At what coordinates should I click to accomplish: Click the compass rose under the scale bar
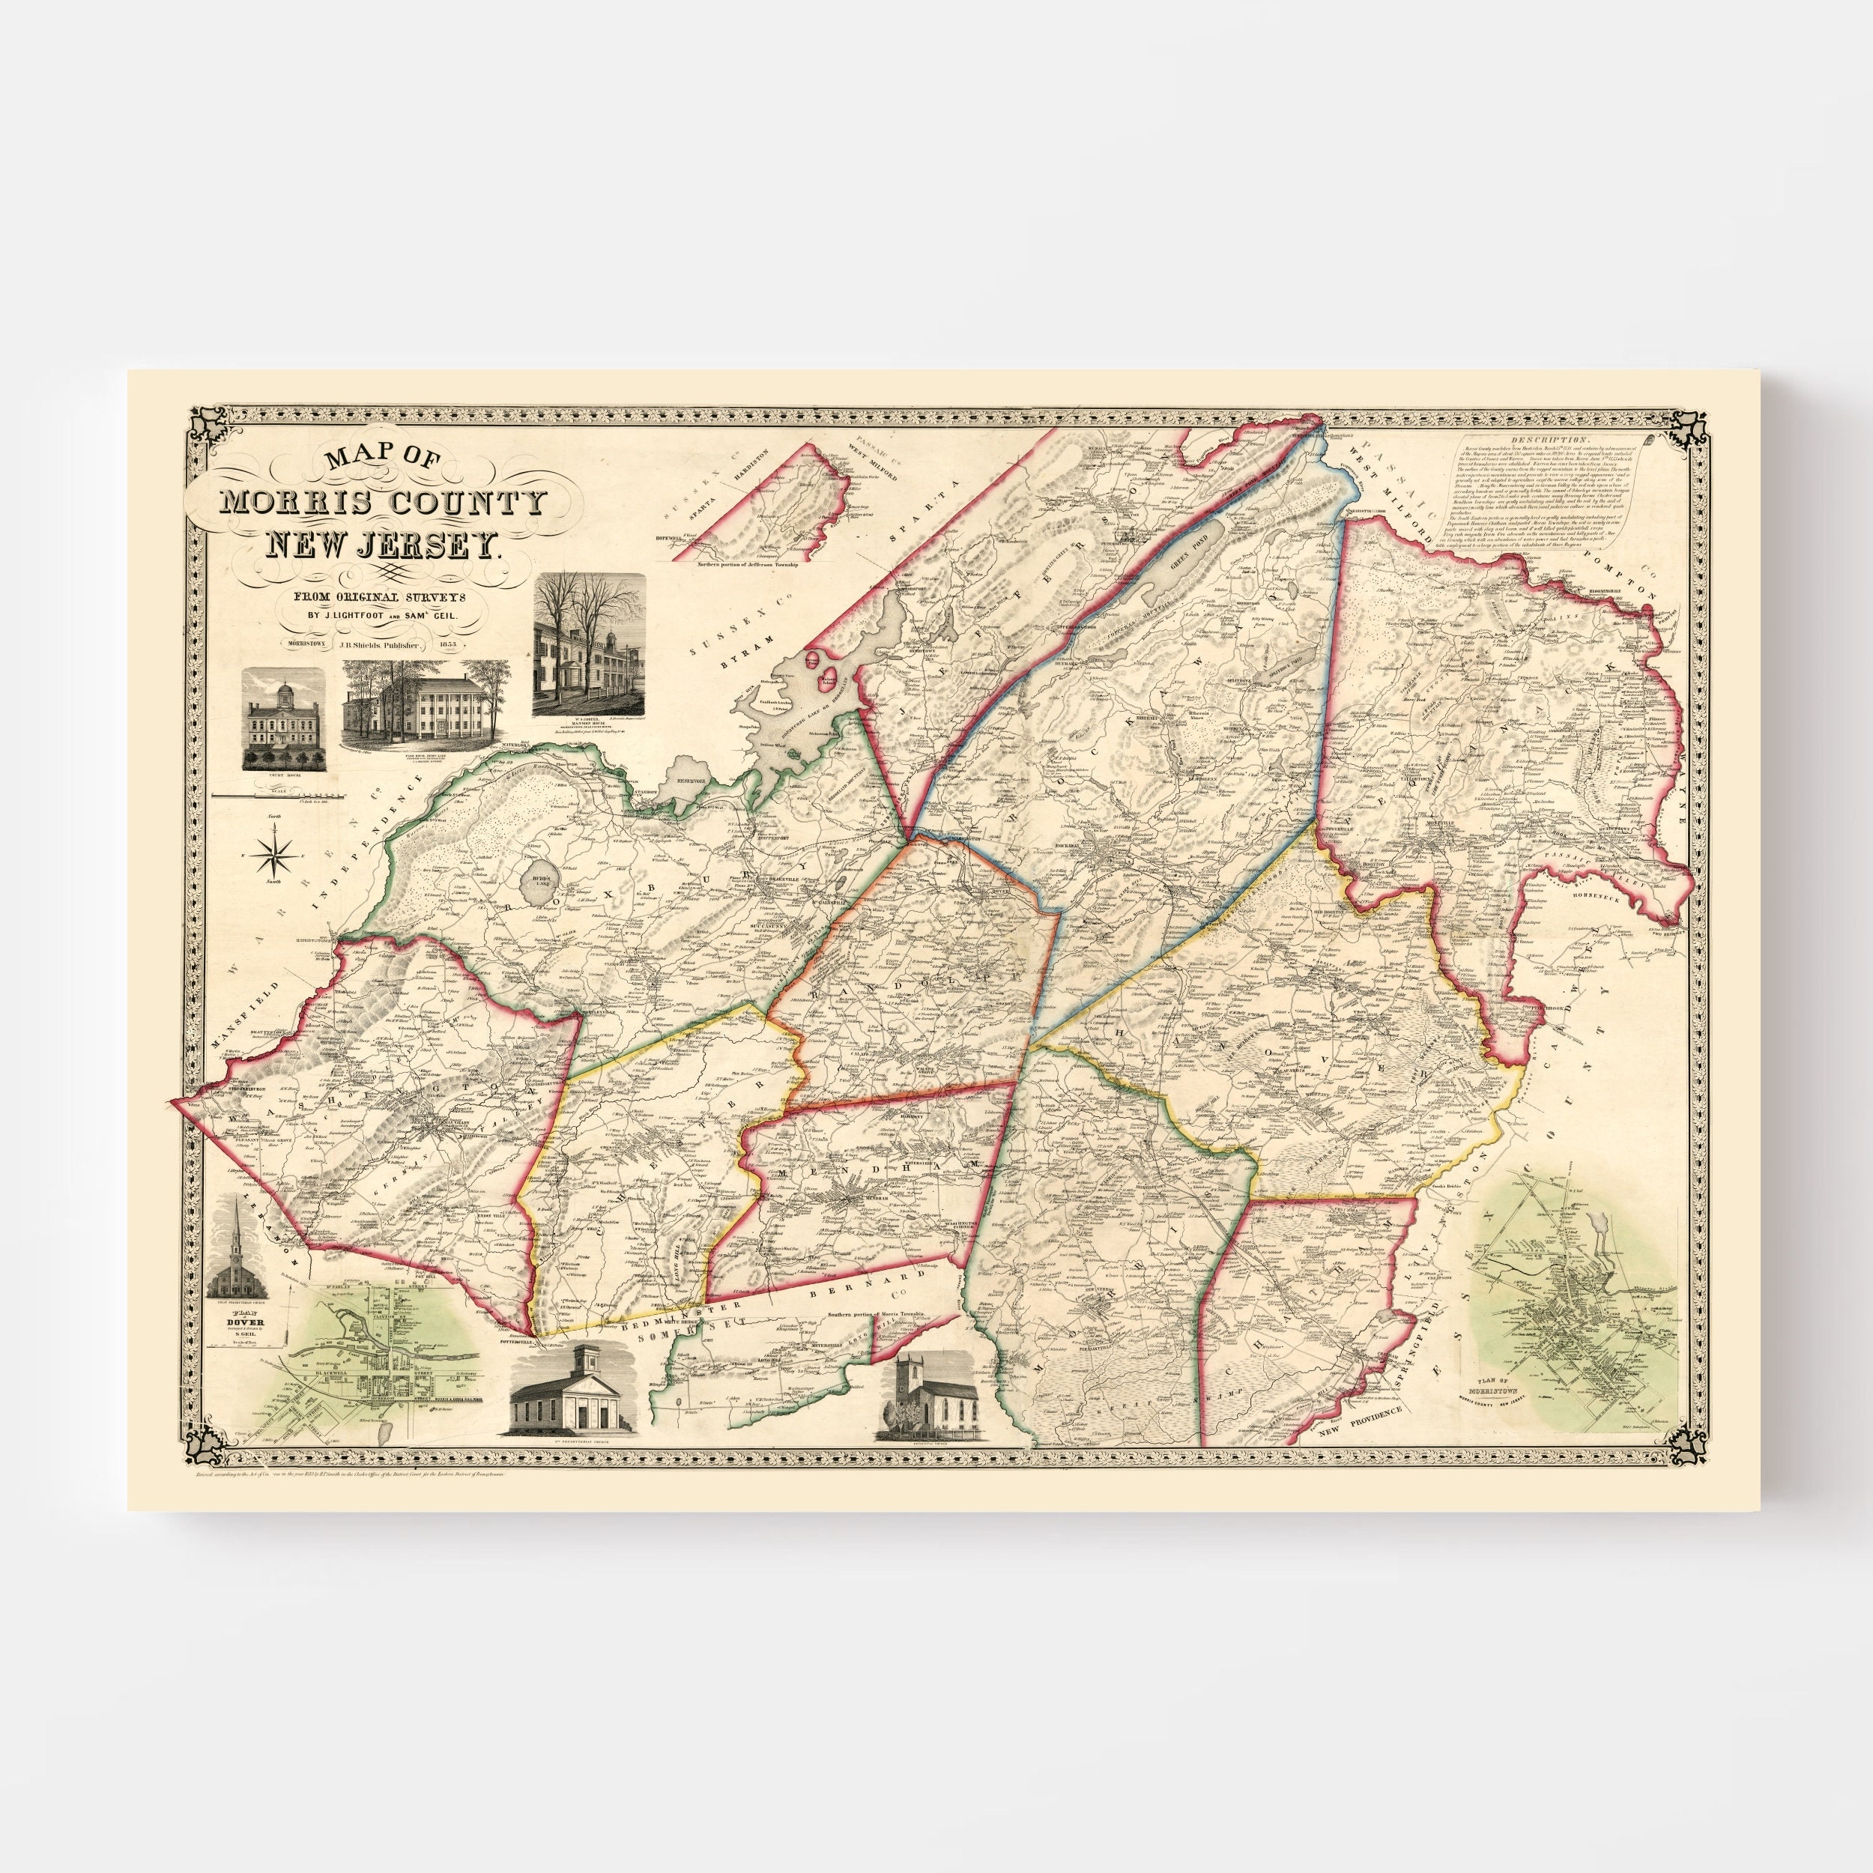point(277,853)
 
